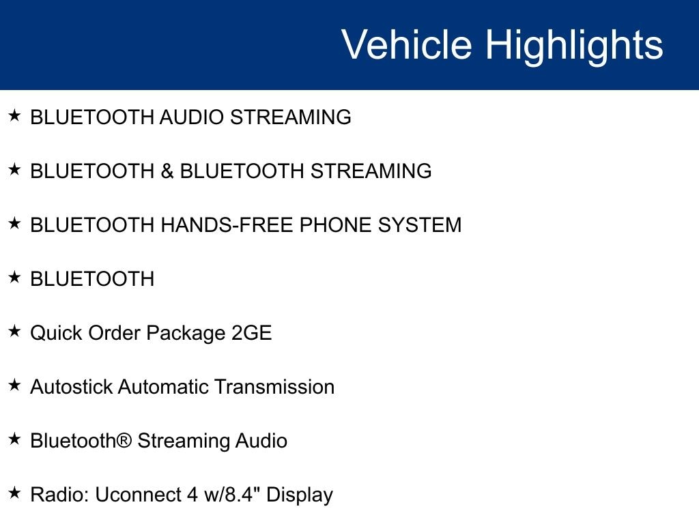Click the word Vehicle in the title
(x=406, y=44)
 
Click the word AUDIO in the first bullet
(x=191, y=117)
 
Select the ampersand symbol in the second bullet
(x=167, y=171)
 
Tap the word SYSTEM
(x=420, y=225)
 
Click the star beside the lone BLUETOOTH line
(x=14, y=277)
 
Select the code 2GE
(x=251, y=333)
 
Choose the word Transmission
(x=274, y=387)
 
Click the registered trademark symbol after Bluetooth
(x=124, y=440)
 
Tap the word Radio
(x=59, y=495)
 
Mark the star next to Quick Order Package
(x=14, y=331)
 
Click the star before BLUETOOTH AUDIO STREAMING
(x=14, y=115)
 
